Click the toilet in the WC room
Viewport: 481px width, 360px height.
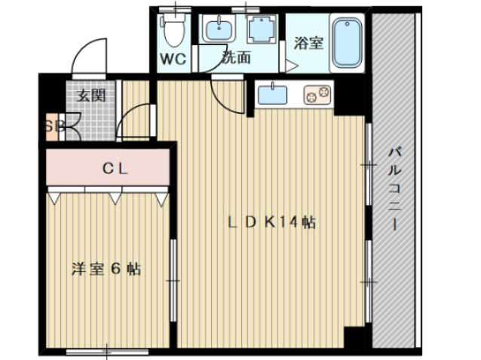(x=174, y=30)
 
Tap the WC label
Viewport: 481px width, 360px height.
(x=173, y=59)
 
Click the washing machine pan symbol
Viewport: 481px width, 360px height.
(x=262, y=29)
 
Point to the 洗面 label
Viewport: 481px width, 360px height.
(x=235, y=57)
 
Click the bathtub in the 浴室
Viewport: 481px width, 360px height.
(x=347, y=43)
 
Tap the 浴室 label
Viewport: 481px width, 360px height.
(x=308, y=43)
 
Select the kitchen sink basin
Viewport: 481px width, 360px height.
(x=272, y=95)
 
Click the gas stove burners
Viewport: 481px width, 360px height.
(x=317, y=95)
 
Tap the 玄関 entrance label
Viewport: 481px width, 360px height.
(x=91, y=96)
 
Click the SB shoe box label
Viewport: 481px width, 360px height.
(x=54, y=126)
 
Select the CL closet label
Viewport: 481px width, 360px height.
(x=115, y=169)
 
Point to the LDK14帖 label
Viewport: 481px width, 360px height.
(x=272, y=222)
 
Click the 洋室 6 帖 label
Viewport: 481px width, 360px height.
(x=106, y=269)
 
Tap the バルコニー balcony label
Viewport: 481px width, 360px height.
(x=395, y=189)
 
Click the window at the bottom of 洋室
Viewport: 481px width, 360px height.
(x=107, y=352)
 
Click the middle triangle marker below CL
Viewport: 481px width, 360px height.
(x=115, y=198)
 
